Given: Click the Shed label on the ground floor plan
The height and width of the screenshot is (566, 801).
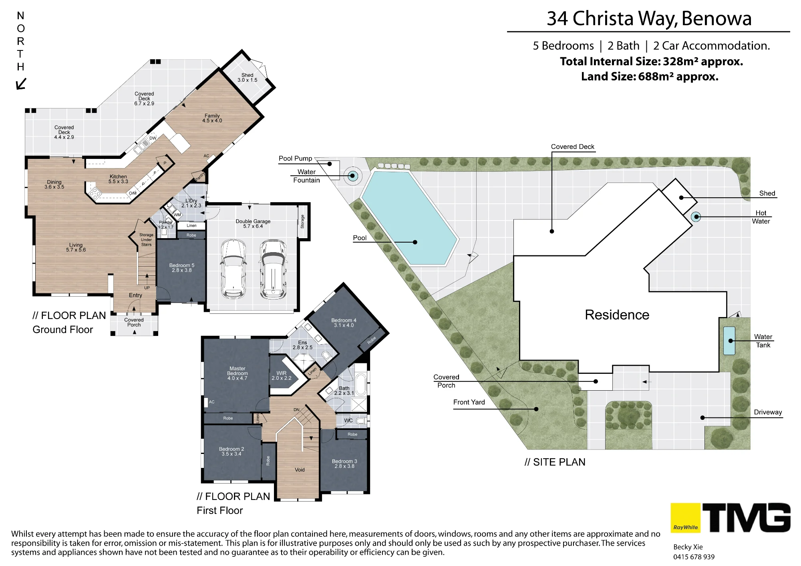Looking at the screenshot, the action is (x=248, y=78).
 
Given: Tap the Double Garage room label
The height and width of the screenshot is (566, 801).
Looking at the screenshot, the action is (x=253, y=224).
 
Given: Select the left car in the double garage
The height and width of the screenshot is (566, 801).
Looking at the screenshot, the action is (x=233, y=269).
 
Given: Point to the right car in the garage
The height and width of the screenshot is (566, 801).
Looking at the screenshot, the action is (x=274, y=269).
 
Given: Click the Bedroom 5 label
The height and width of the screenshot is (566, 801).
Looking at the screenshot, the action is (x=182, y=268).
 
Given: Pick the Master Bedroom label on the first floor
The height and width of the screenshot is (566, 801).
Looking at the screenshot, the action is (x=237, y=373).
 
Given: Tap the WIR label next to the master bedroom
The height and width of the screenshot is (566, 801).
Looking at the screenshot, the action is (x=282, y=375).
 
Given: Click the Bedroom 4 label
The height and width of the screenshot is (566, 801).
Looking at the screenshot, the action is (x=344, y=323).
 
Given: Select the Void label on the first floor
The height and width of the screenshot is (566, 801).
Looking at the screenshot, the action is (x=300, y=470).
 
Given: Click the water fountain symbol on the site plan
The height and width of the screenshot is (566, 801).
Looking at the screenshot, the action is (x=353, y=175).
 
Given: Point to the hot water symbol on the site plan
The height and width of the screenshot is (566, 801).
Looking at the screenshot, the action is (x=696, y=217).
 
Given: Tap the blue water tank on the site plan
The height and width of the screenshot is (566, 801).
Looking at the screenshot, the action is (x=729, y=341).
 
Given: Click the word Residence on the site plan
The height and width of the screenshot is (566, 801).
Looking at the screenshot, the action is (x=617, y=315).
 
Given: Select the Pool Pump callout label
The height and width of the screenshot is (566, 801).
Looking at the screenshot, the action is (x=295, y=159).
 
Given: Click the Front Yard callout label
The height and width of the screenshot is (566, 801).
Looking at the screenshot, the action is (x=469, y=402).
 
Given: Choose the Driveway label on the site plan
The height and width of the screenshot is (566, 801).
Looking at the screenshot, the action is (x=768, y=412).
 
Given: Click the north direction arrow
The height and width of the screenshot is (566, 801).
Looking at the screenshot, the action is (x=21, y=84).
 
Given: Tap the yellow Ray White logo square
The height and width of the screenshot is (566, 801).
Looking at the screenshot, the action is (x=685, y=518).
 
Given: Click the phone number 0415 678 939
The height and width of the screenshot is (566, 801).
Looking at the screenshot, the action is (x=694, y=557).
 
